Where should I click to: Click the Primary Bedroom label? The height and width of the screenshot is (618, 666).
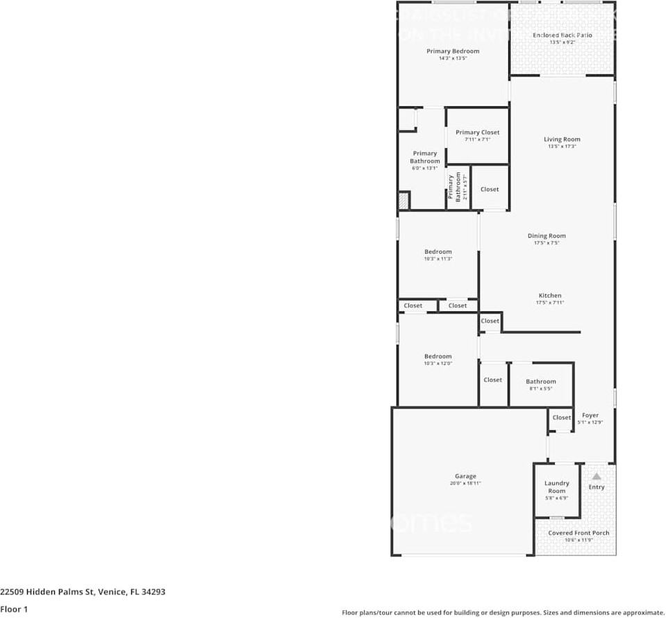pyautogui.click(x=453, y=51)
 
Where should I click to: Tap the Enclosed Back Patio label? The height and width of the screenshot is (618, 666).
pyautogui.click(x=562, y=35)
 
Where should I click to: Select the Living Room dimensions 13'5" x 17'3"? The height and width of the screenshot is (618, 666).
pyautogui.click(x=562, y=147)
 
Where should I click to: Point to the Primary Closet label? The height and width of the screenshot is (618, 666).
pyautogui.click(x=477, y=132)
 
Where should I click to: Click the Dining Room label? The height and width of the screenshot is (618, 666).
pyautogui.click(x=547, y=236)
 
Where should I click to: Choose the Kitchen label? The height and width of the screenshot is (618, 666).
pyautogui.click(x=549, y=295)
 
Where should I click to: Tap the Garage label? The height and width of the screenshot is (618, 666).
pyautogui.click(x=465, y=476)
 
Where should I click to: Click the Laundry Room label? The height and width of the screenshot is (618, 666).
pyautogui.click(x=556, y=487)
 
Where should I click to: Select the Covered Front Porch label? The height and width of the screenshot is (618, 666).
pyautogui.click(x=578, y=533)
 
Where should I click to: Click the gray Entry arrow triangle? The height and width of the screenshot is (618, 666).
pyautogui.click(x=597, y=476)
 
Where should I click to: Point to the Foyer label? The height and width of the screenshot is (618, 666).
pyautogui.click(x=590, y=415)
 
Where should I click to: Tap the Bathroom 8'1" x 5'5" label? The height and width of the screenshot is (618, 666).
pyautogui.click(x=540, y=381)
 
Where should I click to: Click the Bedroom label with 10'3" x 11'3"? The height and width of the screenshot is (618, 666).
pyautogui.click(x=438, y=252)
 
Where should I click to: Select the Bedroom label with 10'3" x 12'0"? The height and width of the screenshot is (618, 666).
pyautogui.click(x=438, y=357)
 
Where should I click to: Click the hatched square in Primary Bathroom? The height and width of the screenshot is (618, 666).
pyautogui.click(x=403, y=201)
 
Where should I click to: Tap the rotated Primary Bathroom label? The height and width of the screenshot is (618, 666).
pyautogui.click(x=453, y=188)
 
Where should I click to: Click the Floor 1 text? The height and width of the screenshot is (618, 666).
pyautogui.click(x=13, y=609)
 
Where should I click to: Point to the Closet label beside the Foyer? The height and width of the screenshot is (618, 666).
pyautogui.click(x=561, y=418)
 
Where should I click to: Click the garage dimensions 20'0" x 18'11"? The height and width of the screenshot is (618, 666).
pyautogui.click(x=465, y=484)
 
